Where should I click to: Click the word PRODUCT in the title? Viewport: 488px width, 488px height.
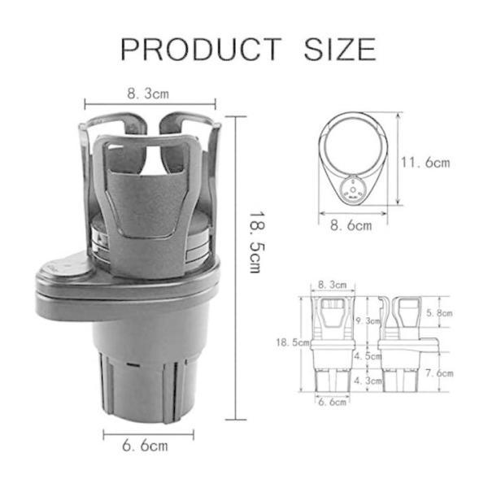point(201,49)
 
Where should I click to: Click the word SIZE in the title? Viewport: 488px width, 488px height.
point(340,49)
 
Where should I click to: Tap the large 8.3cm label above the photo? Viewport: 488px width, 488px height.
point(148,94)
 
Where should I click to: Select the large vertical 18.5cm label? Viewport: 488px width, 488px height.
point(257,242)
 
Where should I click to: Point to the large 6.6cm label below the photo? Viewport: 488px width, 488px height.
point(145,446)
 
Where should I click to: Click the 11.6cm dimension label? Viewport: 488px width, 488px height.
point(425,163)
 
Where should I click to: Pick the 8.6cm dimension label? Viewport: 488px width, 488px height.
point(351,225)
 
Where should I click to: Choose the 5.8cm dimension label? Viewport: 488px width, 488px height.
point(439,313)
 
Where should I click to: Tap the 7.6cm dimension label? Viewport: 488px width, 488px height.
point(439,373)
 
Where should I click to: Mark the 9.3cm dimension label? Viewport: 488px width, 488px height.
point(368,320)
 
